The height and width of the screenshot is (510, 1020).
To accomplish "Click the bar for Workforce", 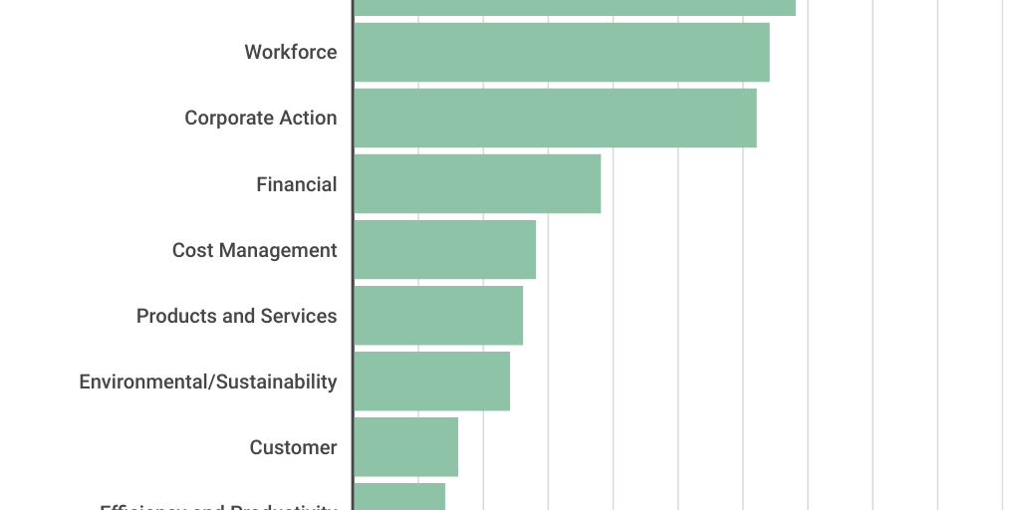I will pyautogui.click(x=562, y=52).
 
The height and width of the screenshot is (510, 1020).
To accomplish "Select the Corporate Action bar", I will pyautogui.click(x=555, y=118).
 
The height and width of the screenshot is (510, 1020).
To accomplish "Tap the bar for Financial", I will pyautogui.click(x=477, y=183).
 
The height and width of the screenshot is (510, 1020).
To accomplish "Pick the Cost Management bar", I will pyautogui.click(x=444, y=249).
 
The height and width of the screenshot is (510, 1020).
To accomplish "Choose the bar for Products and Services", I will pyautogui.click(x=438, y=316).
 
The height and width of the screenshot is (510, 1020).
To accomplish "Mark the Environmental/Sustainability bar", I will pyautogui.click(x=431, y=382).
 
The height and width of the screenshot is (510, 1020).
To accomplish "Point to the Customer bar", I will pyautogui.click(x=405, y=447).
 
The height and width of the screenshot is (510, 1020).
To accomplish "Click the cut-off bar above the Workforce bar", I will pyautogui.click(x=575, y=7).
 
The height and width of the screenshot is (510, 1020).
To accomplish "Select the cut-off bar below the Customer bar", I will pyautogui.click(x=399, y=497).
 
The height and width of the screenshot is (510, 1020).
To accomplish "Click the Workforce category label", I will pyautogui.click(x=291, y=52).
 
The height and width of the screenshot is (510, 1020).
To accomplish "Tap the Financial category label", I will pyautogui.click(x=297, y=184).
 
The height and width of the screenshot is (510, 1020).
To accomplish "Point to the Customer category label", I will pyautogui.click(x=293, y=447).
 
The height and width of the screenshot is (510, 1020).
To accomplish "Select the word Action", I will pyautogui.click(x=307, y=118).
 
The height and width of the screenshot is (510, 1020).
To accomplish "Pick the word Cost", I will pyautogui.click(x=192, y=250).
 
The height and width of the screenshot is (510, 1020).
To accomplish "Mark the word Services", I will pyautogui.click(x=299, y=316).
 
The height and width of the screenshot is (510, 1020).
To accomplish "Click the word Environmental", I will pyautogui.click(x=143, y=382).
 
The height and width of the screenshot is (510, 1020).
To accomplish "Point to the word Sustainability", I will pyautogui.click(x=277, y=382).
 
